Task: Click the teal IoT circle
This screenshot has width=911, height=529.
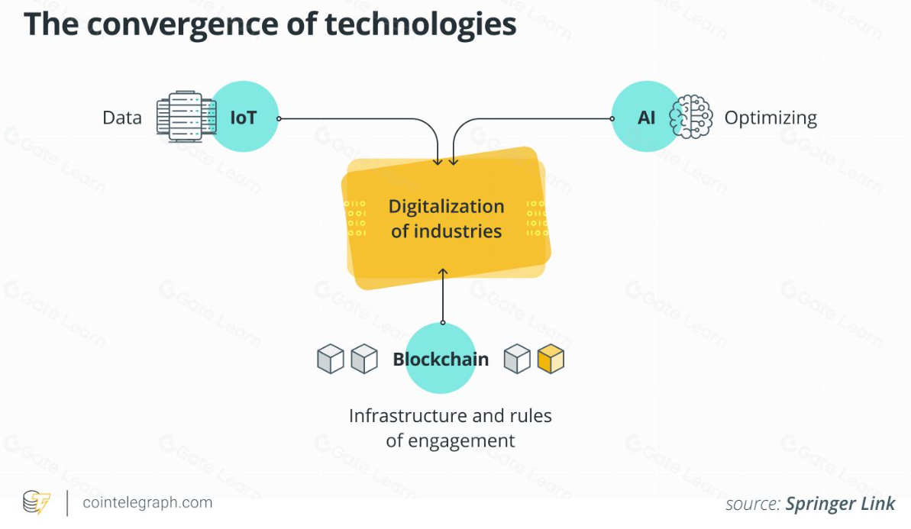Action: click(244, 117)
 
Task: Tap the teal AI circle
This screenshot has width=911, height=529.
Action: click(646, 117)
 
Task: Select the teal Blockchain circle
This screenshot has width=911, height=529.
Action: click(441, 358)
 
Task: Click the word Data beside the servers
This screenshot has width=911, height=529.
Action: click(122, 118)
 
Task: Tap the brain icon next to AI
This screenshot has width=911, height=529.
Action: click(691, 117)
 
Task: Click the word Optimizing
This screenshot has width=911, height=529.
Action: click(770, 118)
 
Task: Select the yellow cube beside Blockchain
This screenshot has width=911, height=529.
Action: click(551, 358)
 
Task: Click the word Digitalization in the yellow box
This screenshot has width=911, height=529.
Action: click(446, 207)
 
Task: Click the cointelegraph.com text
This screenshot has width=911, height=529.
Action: click(147, 502)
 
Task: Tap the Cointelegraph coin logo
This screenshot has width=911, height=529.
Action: click(36, 503)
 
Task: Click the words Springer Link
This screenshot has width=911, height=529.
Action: click(840, 504)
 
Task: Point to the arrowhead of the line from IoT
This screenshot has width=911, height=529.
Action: click(438, 161)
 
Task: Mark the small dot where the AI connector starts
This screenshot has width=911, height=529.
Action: click(612, 118)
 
